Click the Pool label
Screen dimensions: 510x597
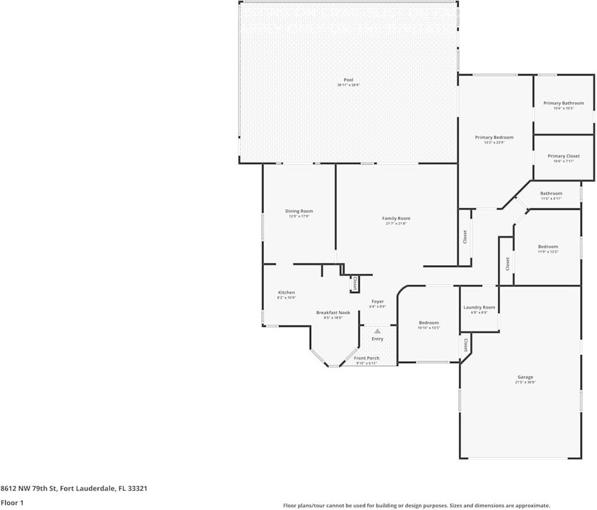click(x=348, y=80)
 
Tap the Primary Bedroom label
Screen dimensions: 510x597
click(x=494, y=138)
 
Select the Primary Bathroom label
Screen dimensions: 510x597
click(x=563, y=103)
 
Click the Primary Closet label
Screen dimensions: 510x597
click(x=563, y=156)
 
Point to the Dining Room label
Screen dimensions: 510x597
click(x=299, y=211)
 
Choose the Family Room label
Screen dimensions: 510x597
click(x=396, y=219)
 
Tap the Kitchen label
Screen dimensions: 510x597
click(x=286, y=293)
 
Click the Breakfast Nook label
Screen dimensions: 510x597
click(x=333, y=313)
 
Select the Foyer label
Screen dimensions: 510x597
click(x=378, y=302)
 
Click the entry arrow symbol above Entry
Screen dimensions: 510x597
click(x=378, y=331)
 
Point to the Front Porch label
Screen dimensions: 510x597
click(x=366, y=359)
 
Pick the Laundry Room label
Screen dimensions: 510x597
click(x=479, y=307)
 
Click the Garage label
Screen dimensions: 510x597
click(x=525, y=377)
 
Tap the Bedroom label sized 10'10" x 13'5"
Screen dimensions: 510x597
click(x=429, y=323)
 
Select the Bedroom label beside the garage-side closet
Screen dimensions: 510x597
click(x=548, y=247)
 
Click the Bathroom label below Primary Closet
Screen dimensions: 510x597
click(x=551, y=194)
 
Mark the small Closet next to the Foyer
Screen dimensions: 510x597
click(x=355, y=283)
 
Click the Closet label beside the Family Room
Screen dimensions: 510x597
click(x=465, y=236)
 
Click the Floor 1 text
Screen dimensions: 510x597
click(x=12, y=503)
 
